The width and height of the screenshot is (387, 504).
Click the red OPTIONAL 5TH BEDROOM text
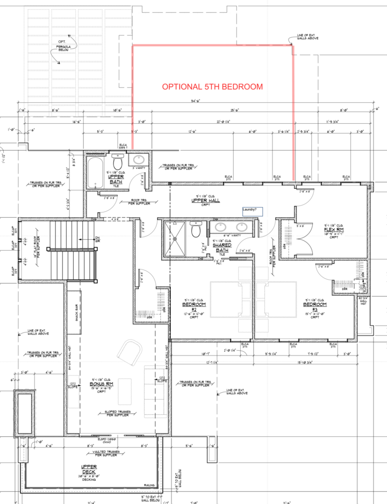212,87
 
